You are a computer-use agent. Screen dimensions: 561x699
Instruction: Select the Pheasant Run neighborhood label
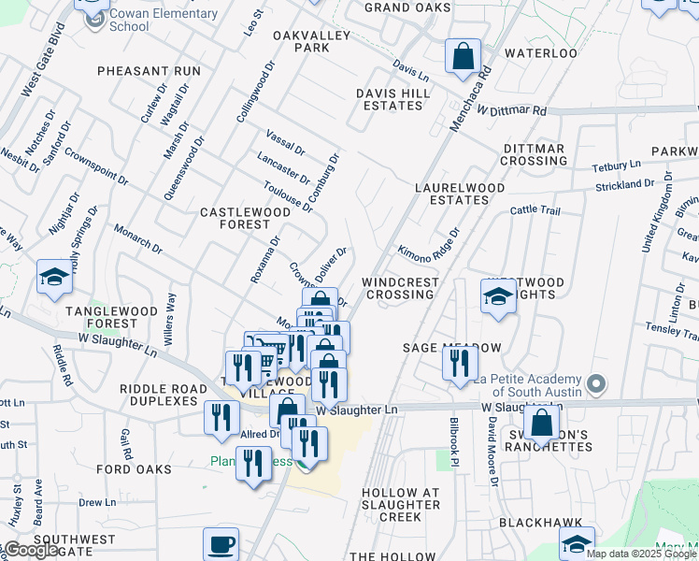[x=149, y=71]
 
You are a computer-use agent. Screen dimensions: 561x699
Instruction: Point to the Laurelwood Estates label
[x=460, y=194]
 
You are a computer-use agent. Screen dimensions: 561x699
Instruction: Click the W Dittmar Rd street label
[x=510, y=110]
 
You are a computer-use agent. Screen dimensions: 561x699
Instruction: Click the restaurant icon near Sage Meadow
[x=459, y=363]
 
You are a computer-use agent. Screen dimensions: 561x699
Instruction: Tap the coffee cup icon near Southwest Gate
[x=221, y=545]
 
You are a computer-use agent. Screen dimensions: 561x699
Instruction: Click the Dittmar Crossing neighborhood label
[x=535, y=154]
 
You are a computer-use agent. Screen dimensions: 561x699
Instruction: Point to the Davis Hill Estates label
[x=392, y=99]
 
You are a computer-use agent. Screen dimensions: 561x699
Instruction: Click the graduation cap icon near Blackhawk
[x=577, y=545]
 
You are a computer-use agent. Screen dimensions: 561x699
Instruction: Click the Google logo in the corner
[x=31, y=550]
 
